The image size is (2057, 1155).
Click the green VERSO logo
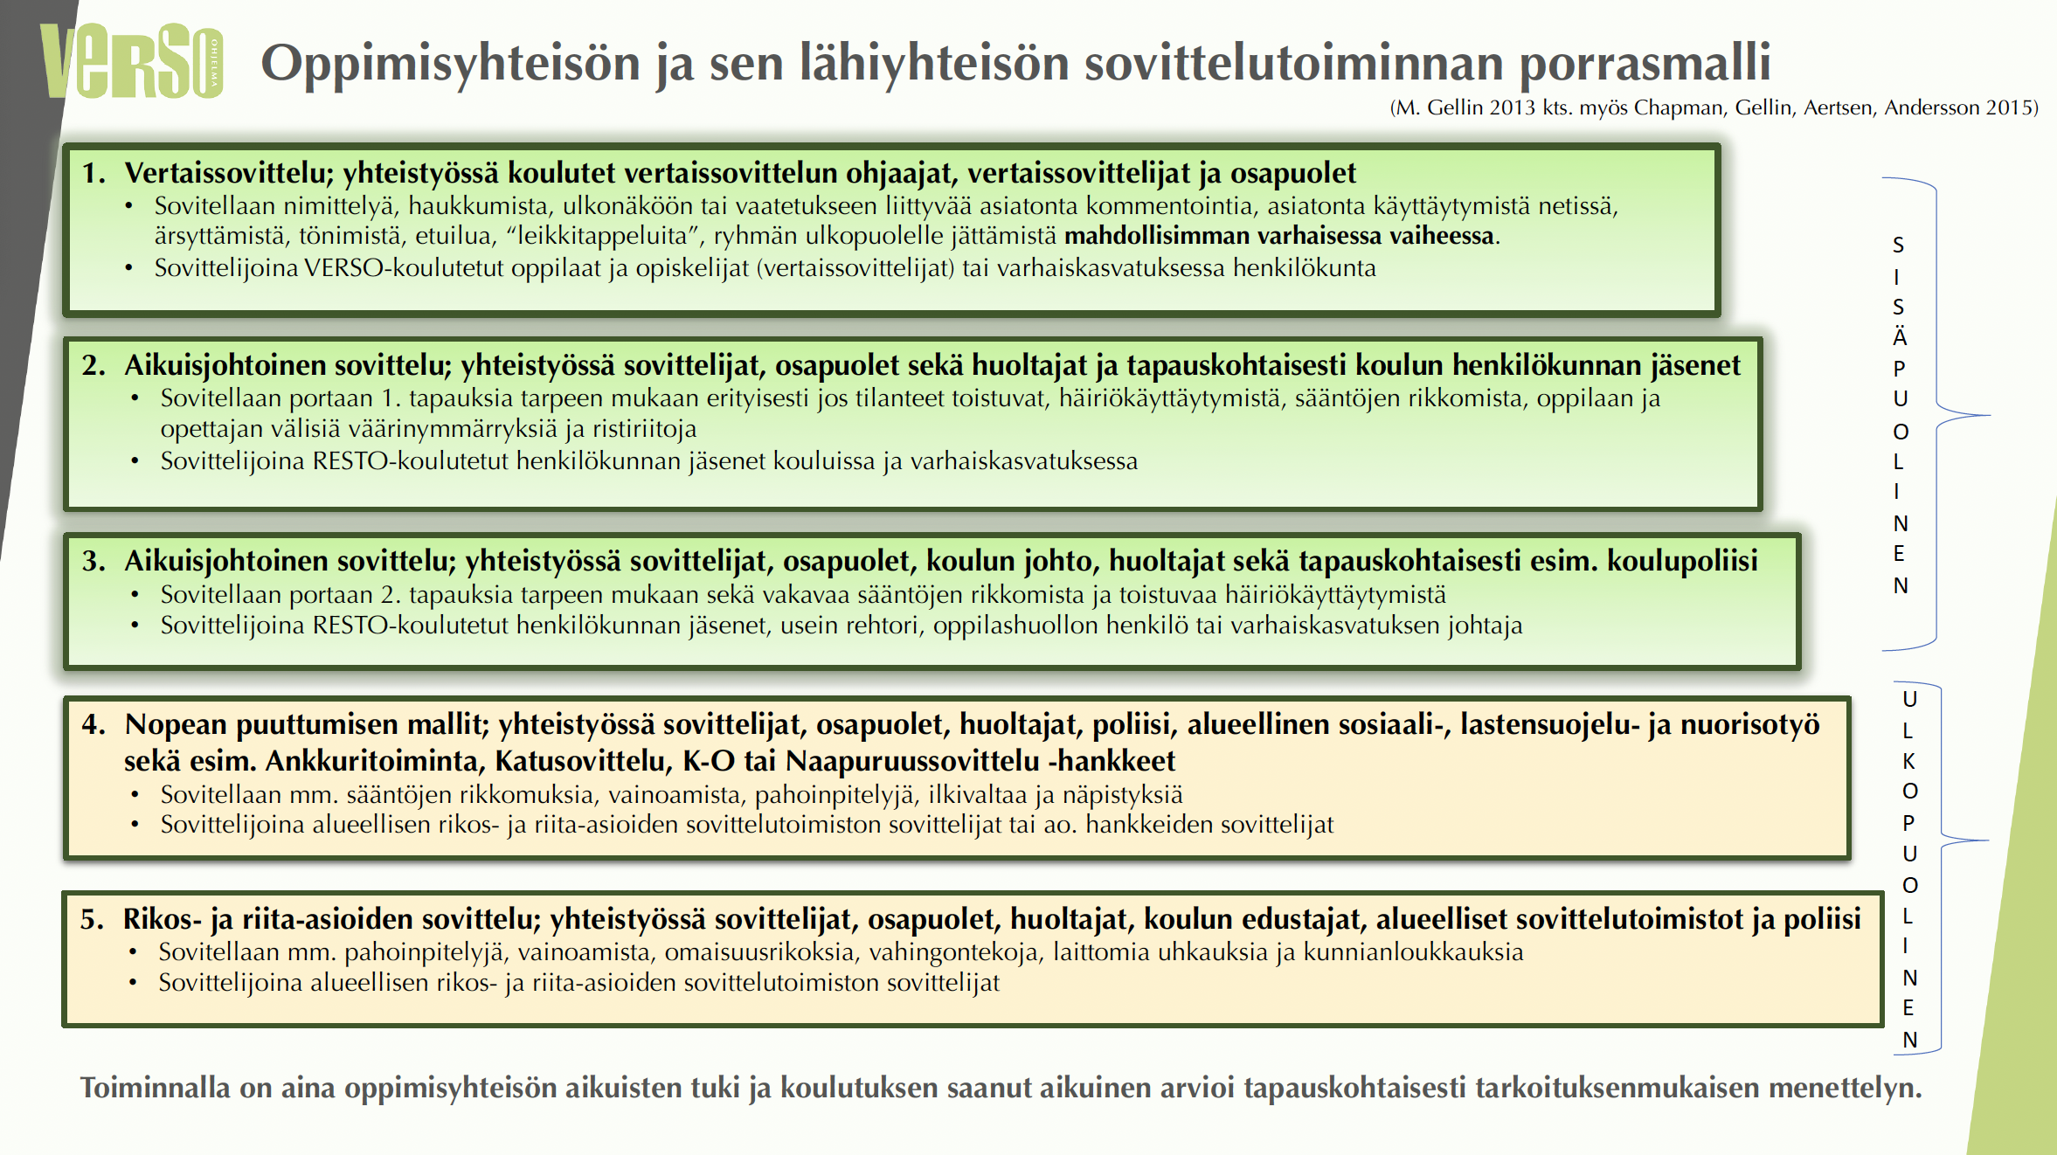131,61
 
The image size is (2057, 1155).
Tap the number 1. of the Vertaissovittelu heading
93,173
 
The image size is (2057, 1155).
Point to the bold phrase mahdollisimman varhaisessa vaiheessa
1280,236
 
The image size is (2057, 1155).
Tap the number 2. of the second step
93,365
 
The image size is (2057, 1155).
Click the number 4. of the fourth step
93,724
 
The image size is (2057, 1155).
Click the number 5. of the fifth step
92,919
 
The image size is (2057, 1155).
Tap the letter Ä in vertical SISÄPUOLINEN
1900,337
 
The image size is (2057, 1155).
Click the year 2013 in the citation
1512,107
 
